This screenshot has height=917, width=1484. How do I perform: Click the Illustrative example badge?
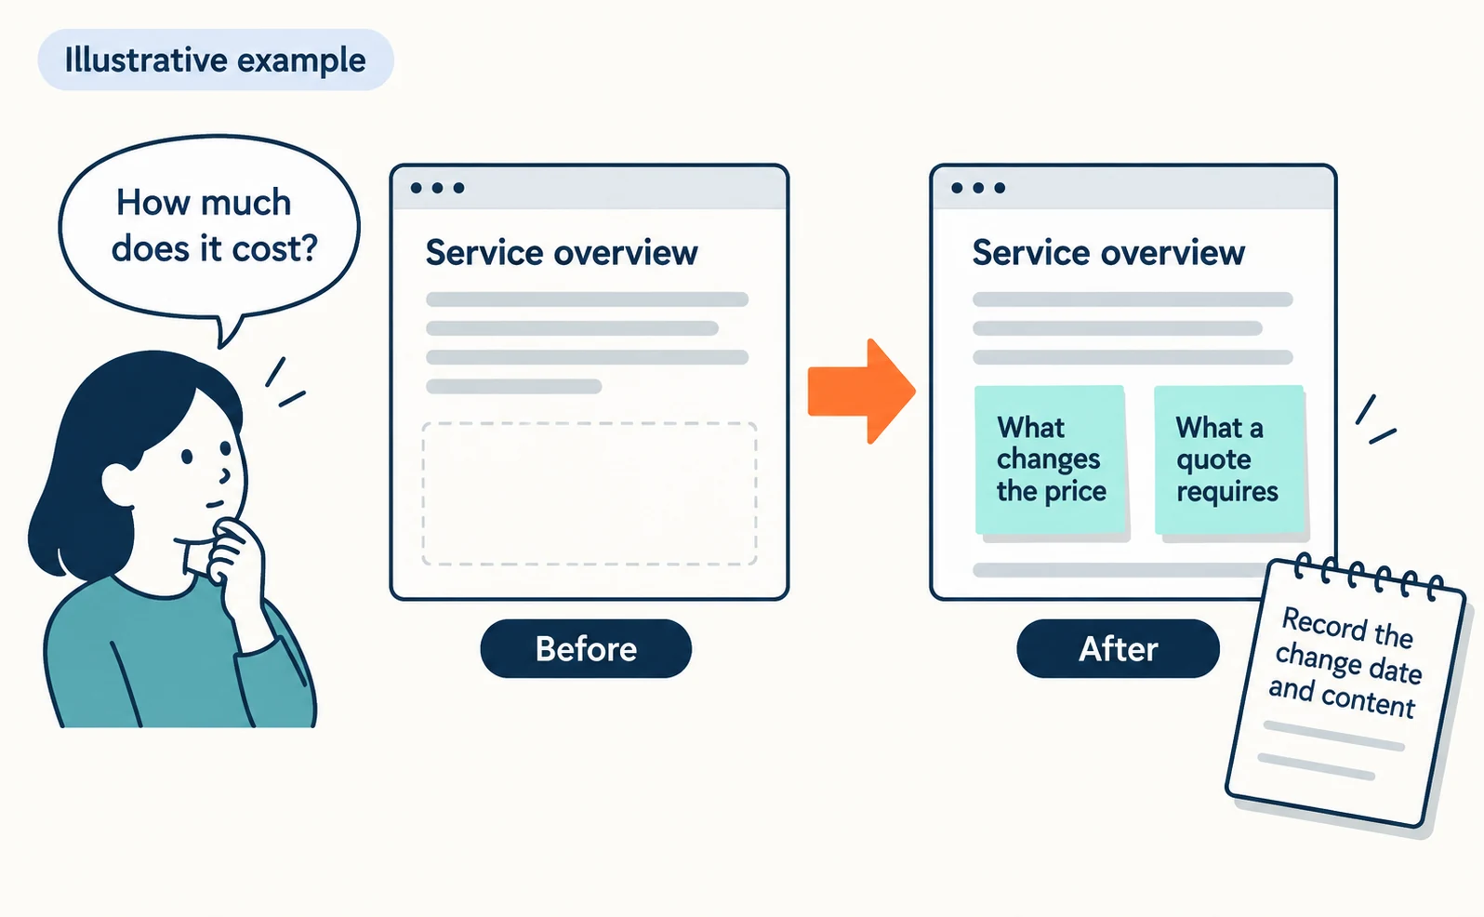(216, 60)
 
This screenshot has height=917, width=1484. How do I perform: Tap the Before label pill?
(586, 648)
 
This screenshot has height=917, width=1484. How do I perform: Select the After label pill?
(1119, 648)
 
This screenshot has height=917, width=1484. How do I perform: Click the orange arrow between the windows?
(861, 392)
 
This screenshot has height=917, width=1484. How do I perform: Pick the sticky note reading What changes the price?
(1051, 459)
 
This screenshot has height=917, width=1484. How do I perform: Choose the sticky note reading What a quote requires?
(1229, 459)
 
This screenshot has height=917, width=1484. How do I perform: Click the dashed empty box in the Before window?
(590, 494)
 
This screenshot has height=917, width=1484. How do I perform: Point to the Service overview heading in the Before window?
(562, 252)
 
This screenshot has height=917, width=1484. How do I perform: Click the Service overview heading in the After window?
(1108, 252)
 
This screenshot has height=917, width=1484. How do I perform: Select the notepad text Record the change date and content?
(1346, 662)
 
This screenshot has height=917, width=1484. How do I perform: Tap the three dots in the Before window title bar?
(437, 188)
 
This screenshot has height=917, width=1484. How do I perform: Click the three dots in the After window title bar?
(978, 188)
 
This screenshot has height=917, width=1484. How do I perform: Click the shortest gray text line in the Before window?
(513, 386)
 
